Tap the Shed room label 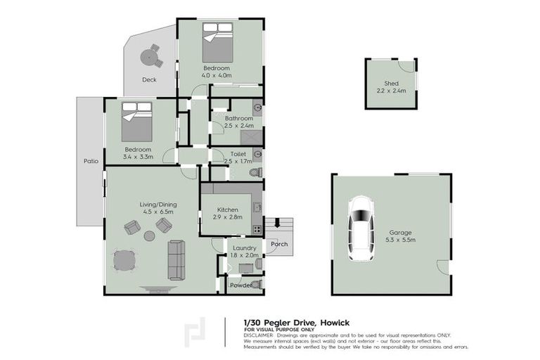pyautogui.click(x=390, y=87)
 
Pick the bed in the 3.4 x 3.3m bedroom pyautogui.click(x=136, y=122)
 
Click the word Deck pyautogui.click(x=149, y=79)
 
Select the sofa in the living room pyautogui.click(x=176, y=259)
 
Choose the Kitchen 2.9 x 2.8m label pyautogui.click(x=227, y=214)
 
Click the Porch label pyautogui.click(x=279, y=245)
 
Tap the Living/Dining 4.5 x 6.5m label pyautogui.click(x=157, y=208)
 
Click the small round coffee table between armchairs pyautogui.click(x=149, y=236)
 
